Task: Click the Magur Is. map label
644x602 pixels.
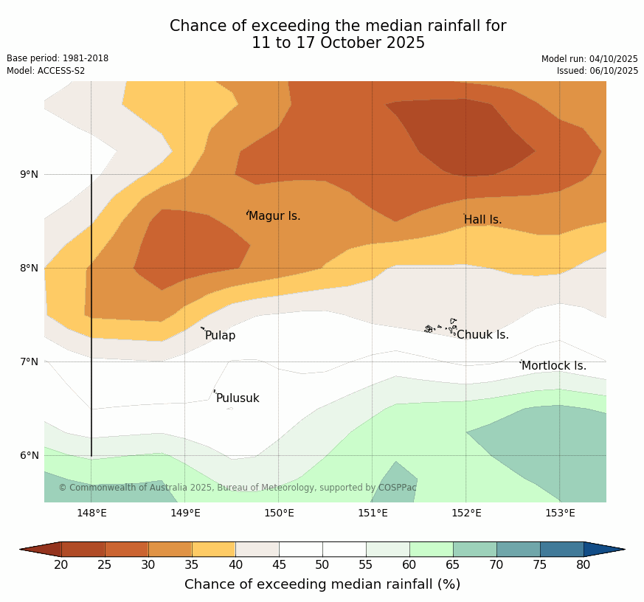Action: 274,216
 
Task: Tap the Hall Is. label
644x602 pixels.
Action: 483,220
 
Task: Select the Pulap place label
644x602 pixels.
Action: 220,336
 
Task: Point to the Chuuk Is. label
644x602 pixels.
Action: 482,335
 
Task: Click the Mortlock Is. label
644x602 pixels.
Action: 554,366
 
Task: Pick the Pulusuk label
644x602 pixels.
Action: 238,398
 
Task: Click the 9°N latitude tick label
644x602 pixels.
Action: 30,175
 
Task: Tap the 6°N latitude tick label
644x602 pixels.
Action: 30,455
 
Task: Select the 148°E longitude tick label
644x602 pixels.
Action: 91,513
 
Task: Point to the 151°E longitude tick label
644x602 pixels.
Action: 373,513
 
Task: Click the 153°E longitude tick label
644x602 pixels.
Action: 560,513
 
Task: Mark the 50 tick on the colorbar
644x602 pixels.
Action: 322,565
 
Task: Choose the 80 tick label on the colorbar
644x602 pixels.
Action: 584,565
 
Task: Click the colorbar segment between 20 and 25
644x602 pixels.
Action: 83,549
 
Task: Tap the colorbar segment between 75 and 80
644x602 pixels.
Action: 561,549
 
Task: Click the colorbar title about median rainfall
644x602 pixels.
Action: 322,584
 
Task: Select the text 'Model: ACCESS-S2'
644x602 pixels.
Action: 46,71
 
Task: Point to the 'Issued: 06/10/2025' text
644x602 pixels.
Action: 598,71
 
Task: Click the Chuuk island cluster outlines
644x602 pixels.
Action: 441,327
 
